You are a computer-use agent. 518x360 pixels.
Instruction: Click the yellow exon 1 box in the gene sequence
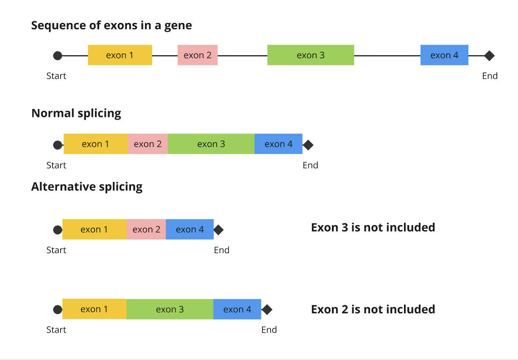120,55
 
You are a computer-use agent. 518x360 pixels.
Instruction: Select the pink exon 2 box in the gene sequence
198,55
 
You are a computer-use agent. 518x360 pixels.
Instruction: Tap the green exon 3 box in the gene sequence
310,55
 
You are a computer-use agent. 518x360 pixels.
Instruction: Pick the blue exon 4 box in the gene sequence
444,55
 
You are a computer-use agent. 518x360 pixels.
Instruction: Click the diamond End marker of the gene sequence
490,55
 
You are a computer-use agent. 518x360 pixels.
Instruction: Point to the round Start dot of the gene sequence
58,55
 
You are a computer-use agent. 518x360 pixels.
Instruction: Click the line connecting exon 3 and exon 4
387,55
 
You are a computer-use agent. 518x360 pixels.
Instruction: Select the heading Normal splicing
76,113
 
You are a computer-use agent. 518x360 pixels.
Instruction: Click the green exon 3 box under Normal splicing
211,144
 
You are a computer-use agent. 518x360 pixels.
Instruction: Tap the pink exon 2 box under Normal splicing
148,144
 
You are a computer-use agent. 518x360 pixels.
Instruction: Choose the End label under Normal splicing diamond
310,165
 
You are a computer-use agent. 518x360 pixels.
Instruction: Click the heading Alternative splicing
87,187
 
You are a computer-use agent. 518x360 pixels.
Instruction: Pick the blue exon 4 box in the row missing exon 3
189,229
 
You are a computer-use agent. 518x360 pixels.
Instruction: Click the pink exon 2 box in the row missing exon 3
146,229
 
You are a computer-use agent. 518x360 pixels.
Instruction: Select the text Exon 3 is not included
373,228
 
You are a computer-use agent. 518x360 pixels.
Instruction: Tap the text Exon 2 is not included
373,309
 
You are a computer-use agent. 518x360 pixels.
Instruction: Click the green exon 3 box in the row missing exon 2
170,309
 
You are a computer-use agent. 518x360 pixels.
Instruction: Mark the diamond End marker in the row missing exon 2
267,310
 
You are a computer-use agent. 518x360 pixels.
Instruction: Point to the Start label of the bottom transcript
56,330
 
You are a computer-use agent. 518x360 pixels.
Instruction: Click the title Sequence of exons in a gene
111,25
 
